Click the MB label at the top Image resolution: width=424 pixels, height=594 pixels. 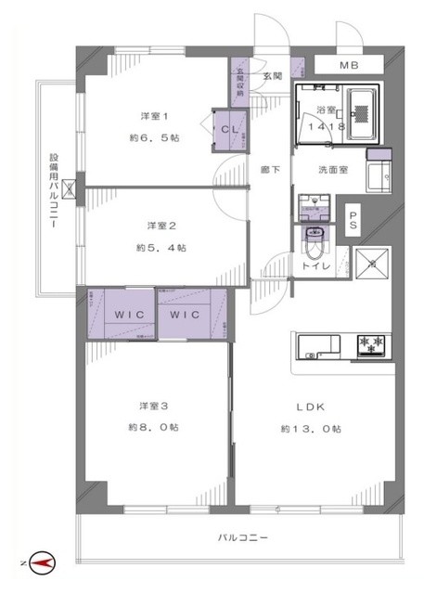[348, 65]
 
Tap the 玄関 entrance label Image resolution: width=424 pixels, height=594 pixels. [273, 76]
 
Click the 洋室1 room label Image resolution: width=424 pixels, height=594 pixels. [154, 116]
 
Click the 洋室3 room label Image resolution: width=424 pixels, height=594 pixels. [154, 406]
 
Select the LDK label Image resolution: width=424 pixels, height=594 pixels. [311, 406]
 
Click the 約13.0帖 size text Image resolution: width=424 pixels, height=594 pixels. [311, 428]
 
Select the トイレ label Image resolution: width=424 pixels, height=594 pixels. [311, 265]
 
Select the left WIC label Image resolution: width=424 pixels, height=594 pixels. [128, 315]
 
